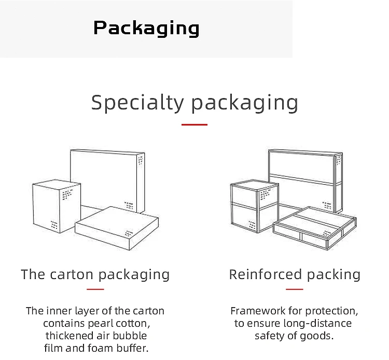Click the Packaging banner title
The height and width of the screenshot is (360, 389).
146,28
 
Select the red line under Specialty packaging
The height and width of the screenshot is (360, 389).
195,125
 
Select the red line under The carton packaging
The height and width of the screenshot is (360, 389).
95,289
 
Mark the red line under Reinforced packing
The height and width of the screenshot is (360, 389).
294,289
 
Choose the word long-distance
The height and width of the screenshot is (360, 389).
314,324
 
